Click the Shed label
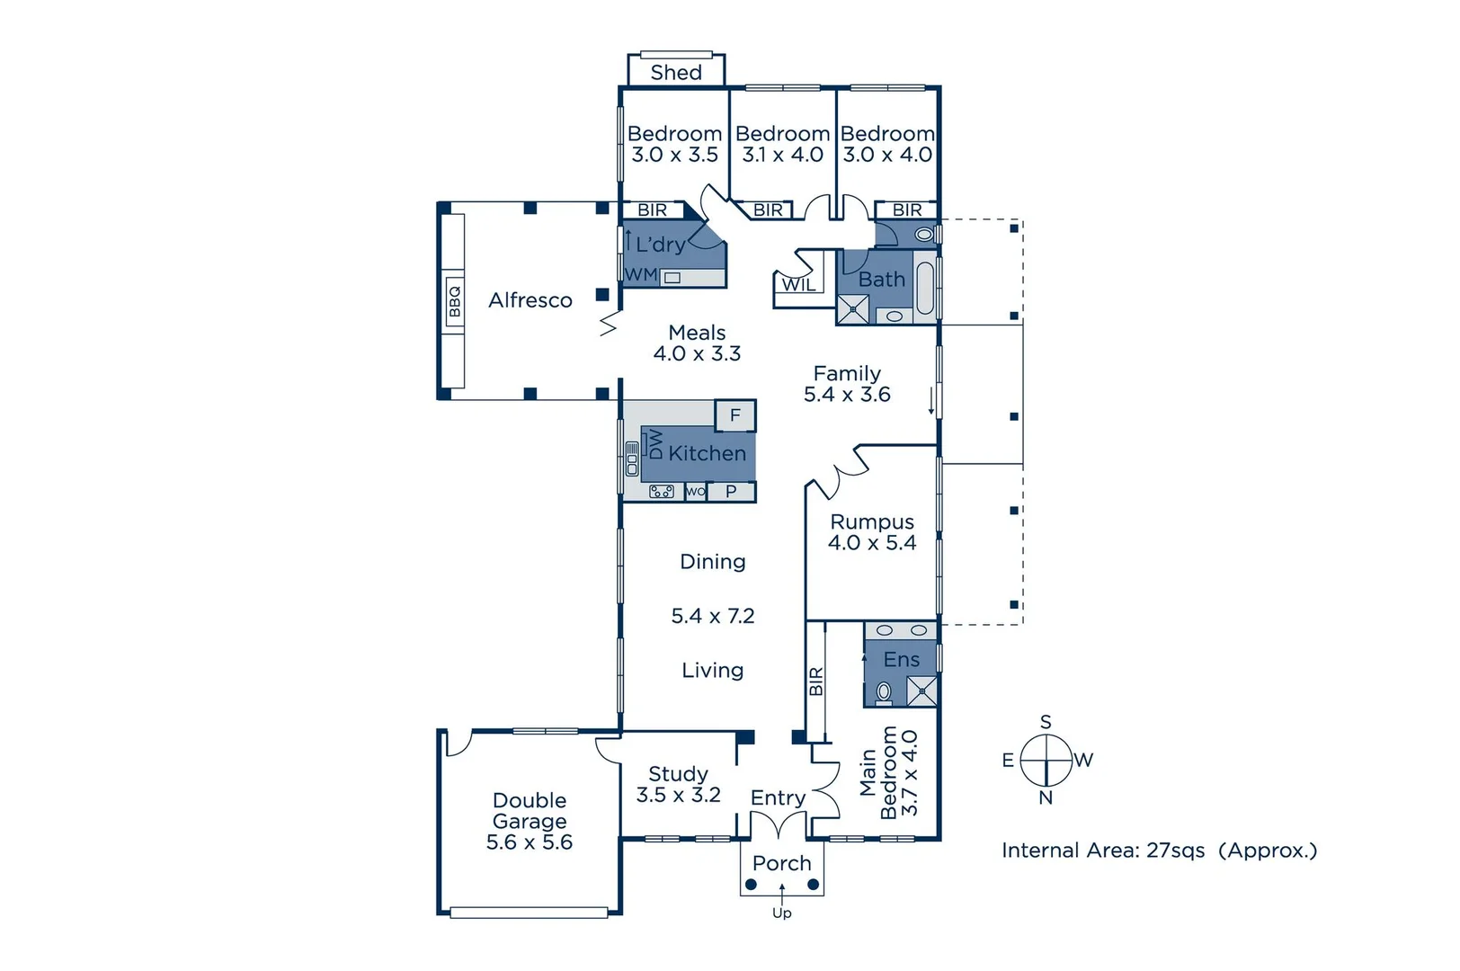point(676,72)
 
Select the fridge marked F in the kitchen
point(735,415)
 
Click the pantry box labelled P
point(731,492)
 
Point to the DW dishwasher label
point(655,444)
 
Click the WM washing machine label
point(641,275)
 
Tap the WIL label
point(798,285)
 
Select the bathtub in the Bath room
point(926,287)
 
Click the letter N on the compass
point(1046,797)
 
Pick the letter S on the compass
point(1046,721)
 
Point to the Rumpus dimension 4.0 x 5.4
point(872,543)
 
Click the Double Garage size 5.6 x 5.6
point(530,842)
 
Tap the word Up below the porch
point(781,913)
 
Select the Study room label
point(678,774)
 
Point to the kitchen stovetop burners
point(662,492)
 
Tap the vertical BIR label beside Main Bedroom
point(816,681)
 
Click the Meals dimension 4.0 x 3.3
point(697,354)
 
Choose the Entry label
point(778,797)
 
